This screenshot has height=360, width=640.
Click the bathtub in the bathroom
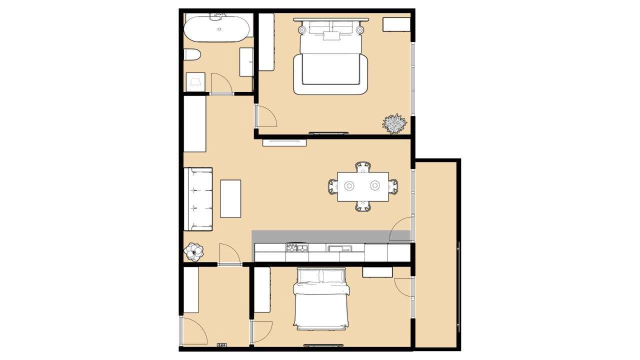[x=218, y=29]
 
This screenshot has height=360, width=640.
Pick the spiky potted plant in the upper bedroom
[x=394, y=123]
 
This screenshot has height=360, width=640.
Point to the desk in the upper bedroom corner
[x=396, y=24]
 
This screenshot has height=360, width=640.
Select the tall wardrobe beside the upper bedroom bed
[x=266, y=42]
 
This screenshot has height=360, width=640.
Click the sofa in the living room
[x=198, y=199]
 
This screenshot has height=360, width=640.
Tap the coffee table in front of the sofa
[x=230, y=198]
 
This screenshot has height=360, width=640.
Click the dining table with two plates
[x=362, y=186]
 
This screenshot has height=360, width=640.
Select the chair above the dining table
[x=363, y=167]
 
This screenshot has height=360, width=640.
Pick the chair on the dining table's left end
[x=333, y=186]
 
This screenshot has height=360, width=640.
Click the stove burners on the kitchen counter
[x=296, y=247]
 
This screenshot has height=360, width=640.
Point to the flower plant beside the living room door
[x=193, y=251]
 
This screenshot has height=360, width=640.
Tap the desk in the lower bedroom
[x=377, y=272]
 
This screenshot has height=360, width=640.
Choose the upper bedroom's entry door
[x=266, y=116]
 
